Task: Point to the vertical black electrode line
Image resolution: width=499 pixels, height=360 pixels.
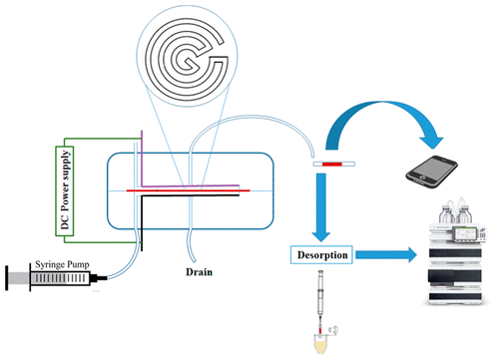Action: tap(142, 224)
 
